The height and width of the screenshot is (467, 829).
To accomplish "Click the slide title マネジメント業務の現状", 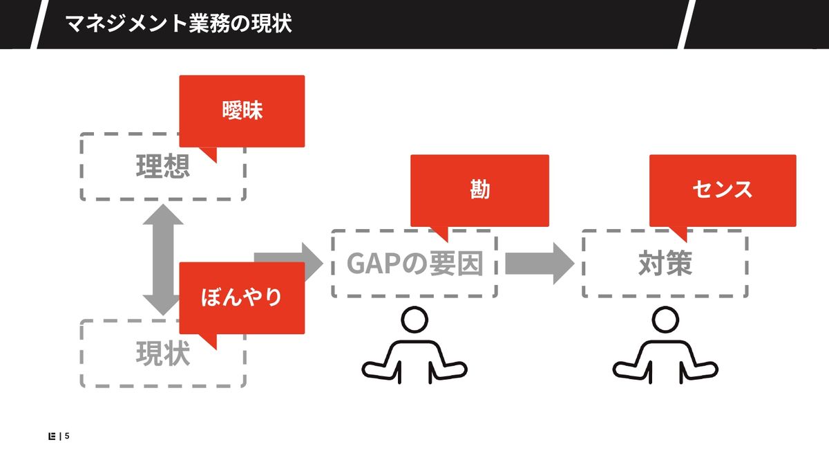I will [178, 24].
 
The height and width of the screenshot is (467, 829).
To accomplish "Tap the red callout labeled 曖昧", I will [242, 111].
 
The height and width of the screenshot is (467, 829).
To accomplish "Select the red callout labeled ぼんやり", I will [242, 297].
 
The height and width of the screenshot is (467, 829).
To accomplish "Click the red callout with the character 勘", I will [479, 190].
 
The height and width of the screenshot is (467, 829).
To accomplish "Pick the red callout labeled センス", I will [723, 190].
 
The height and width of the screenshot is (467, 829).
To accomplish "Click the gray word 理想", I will [163, 167].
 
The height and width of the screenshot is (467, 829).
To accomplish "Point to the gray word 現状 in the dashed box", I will [163, 355].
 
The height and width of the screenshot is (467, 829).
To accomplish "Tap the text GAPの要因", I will [414, 264].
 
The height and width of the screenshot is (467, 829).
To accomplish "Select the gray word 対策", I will [665, 264].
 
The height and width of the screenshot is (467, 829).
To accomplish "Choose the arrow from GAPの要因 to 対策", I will [539, 264].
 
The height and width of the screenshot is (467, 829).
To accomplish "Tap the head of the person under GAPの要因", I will [414, 321].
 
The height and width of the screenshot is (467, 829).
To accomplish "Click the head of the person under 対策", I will [665, 321].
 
